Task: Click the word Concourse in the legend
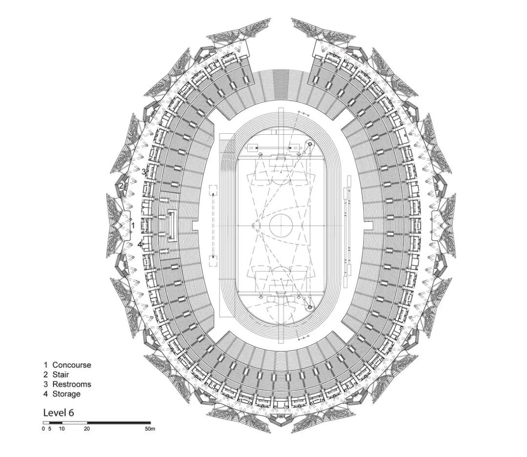72,365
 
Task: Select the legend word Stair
61,374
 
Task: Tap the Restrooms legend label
72,384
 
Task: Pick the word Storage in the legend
66,394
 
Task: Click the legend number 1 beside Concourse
46,365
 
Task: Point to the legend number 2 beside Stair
46,374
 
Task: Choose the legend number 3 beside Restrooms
46,384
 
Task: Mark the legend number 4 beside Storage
46,394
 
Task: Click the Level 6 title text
59,413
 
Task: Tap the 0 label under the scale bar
43,429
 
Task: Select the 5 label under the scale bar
49,429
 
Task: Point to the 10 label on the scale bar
62,429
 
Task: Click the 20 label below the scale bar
87,429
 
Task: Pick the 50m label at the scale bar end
150,429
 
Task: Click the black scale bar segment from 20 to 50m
119,422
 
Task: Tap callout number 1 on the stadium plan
133,225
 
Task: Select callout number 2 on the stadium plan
121,186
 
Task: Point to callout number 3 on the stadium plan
143,172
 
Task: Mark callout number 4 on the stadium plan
139,245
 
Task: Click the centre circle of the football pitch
281,225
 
